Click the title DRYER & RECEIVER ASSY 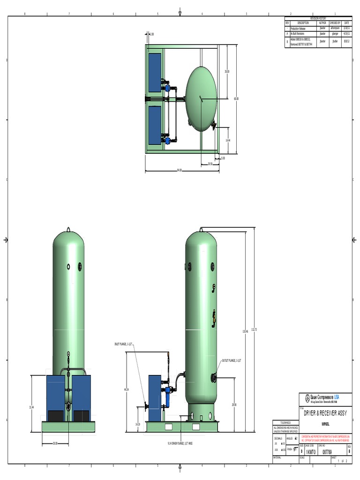[x=325, y=413]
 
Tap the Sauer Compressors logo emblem [x=307, y=398]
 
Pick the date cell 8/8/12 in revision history [x=346, y=41]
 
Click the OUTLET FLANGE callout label [x=231, y=360]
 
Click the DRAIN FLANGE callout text [x=181, y=442]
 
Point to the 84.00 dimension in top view [x=179, y=170]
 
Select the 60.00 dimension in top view [x=236, y=99]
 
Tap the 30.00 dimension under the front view [x=55, y=443]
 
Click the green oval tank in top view [x=201, y=98]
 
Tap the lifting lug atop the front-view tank [x=68, y=230]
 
